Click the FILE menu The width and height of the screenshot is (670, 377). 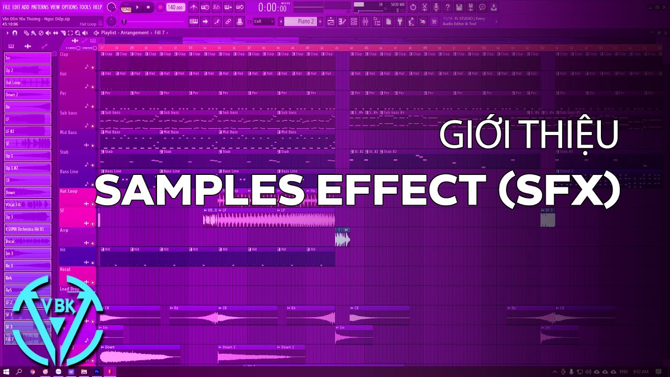coord(6,7)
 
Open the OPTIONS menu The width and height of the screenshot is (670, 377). coord(69,7)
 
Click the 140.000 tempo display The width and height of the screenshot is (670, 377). coord(175,7)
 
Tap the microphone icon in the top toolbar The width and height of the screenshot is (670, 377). coord(436,7)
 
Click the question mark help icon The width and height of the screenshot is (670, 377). coord(448,7)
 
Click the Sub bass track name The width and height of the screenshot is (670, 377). coord(69,113)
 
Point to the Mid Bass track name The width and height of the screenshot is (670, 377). coord(69,132)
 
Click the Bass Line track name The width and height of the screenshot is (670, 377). coord(69,172)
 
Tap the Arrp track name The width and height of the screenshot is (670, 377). coord(64,230)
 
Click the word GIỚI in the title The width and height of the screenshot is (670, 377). coord(467,135)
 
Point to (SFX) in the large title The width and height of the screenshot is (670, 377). coord(559,190)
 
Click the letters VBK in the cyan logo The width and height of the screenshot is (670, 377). coord(58,306)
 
